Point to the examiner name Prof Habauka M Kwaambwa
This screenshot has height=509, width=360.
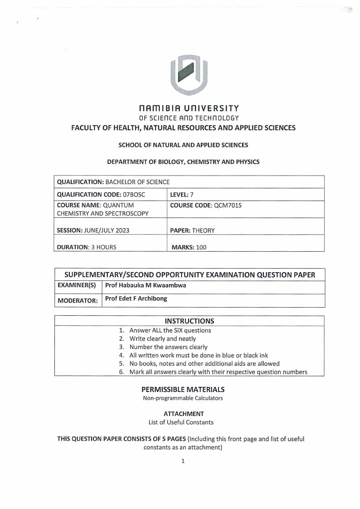click(x=146, y=286)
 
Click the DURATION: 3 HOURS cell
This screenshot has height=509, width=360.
click(x=86, y=247)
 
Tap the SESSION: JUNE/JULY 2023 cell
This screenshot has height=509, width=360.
click(x=93, y=230)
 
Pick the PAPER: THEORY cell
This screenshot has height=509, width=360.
click(x=192, y=230)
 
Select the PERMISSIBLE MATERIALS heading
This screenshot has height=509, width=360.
click(x=183, y=390)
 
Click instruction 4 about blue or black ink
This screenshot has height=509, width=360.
click(x=196, y=355)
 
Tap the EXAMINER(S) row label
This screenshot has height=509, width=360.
click(x=76, y=286)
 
